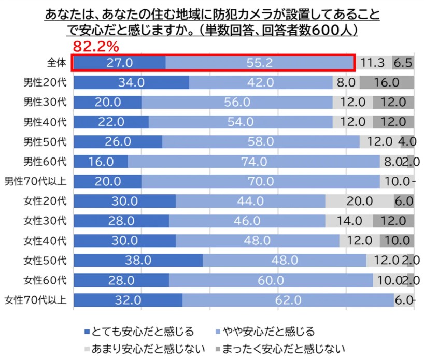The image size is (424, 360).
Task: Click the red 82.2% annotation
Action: pos(96,47)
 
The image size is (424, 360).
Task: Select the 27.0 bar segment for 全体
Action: pos(120,63)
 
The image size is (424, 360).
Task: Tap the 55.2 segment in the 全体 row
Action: pos(259,63)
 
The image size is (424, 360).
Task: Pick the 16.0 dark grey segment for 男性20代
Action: pos(387,83)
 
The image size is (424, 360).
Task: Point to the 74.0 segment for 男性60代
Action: pos(253,162)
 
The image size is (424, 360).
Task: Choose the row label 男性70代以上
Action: pos(36,181)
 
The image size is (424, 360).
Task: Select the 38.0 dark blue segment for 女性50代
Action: pos(138,260)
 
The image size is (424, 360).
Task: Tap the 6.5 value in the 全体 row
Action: pos(403,63)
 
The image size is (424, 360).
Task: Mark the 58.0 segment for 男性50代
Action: pos(261,142)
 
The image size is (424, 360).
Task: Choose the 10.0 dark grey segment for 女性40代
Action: pos(397,240)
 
